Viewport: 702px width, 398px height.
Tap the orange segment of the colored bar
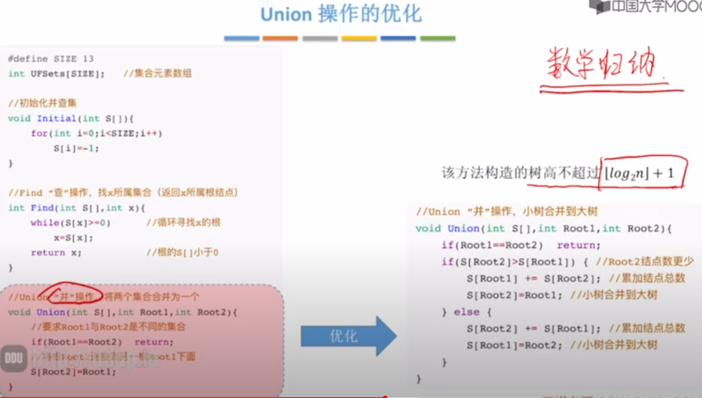point(280,38)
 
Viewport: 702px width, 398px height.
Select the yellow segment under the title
point(359,38)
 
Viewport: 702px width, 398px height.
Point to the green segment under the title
point(438,38)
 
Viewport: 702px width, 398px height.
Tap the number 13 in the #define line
point(88,59)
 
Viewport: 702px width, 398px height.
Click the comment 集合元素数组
point(162,74)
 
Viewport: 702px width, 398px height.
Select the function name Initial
point(56,119)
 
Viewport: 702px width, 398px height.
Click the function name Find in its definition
point(42,208)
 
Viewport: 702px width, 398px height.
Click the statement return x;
point(56,252)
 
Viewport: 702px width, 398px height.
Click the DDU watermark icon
point(14,359)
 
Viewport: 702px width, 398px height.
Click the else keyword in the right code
point(466,312)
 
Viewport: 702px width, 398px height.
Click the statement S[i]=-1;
point(76,149)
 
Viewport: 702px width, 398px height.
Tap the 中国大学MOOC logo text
point(656,6)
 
